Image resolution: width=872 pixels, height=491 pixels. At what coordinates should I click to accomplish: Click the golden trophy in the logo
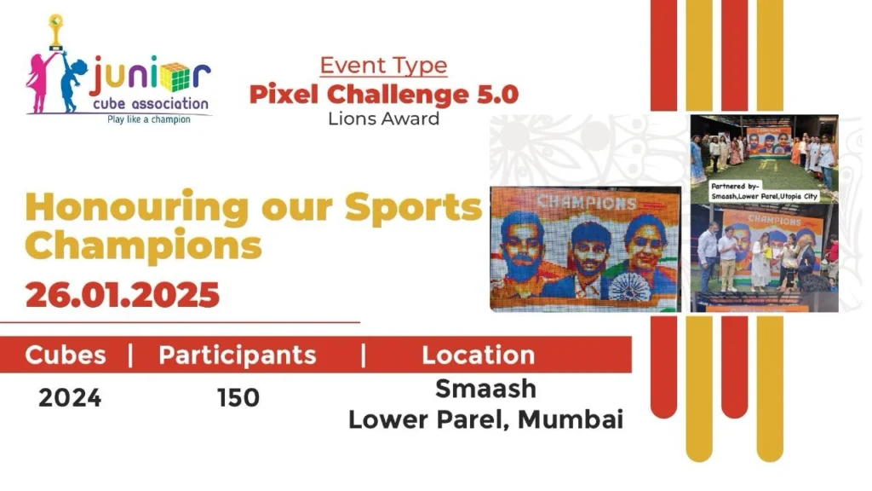point(55,32)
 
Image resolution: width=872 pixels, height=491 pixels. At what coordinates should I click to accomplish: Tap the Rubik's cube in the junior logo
point(175,77)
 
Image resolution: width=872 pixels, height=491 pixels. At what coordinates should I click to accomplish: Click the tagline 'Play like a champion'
point(149,119)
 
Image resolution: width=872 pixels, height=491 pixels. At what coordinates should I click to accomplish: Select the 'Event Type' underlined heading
point(384,66)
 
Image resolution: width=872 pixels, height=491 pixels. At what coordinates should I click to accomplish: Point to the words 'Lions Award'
point(384,118)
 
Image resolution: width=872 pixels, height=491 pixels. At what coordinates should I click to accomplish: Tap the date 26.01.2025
point(123,294)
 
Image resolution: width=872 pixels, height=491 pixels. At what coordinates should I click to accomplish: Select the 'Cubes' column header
point(65,355)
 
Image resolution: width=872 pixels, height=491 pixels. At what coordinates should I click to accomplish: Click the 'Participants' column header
point(238,355)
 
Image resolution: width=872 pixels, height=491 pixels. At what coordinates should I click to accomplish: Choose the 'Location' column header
point(479,355)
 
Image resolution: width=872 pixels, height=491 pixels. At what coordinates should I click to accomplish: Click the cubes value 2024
point(70,398)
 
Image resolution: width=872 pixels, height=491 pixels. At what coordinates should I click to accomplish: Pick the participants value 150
point(238,398)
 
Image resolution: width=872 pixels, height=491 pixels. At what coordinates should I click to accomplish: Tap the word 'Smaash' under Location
point(485,389)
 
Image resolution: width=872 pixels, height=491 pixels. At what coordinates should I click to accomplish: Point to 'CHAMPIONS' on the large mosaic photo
point(586,202)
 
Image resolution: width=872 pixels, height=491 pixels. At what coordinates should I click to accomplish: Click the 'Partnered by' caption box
point(764,192)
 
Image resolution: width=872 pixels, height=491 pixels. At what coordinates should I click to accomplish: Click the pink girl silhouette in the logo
point(39,83)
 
